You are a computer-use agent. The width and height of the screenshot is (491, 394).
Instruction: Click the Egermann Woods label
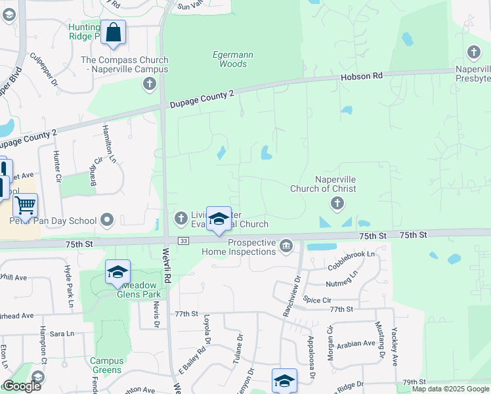pyautogui.click(x=229, y=59)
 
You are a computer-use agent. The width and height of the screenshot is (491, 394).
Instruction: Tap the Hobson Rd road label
pyautogui.click(x=361, y=77)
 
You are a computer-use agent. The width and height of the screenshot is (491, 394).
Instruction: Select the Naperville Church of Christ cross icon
pyautogui.click(x=337, y=204)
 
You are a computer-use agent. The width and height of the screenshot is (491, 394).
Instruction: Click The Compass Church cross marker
pyautogui.click(x=150, y=83)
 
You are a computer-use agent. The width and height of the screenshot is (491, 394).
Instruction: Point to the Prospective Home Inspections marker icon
pyautogui.click(x=286, y=246)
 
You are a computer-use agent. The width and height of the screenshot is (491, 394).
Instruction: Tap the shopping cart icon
pyautogui.click(x=26, y=206)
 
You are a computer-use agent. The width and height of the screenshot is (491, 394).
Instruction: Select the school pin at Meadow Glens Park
pyautogui.click(x=117, y=272)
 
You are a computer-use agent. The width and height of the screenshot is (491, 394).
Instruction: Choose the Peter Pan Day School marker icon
pyautogui.click(x=108, y=219)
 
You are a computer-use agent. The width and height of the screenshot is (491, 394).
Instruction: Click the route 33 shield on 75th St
pyautogui.click(x=184, y=241)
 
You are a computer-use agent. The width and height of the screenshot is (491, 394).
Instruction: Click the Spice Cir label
pyautogui.click(x=317, y=299)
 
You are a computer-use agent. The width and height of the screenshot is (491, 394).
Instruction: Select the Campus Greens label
pyautogui.click(x=106, y=365)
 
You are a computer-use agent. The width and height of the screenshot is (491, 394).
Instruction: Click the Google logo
pyautogui.click(x=22, y=387)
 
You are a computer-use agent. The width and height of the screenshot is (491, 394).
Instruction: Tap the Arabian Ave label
pyautogui.click(x=357, y=343)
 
